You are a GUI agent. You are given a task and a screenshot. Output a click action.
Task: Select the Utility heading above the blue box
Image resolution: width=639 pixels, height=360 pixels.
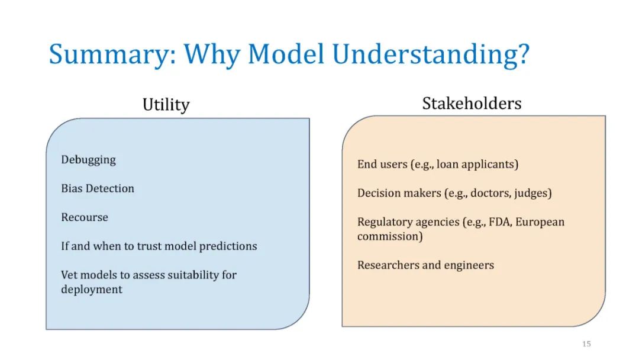tap(166, 105)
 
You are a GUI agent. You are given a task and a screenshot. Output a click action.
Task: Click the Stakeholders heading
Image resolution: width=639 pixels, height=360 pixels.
tap(472, 103)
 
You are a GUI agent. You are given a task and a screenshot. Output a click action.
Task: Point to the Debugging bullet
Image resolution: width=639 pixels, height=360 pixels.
tap(88, 160)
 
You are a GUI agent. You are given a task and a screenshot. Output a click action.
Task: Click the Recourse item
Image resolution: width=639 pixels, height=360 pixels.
tap(85, 217)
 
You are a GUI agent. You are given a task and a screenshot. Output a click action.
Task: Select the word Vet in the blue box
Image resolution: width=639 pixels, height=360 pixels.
tap(67, 275)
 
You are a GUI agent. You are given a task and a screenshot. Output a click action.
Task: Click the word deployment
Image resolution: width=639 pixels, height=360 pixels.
tap(92, 290)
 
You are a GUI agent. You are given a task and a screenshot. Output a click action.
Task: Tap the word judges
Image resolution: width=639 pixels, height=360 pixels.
tap(532, 193)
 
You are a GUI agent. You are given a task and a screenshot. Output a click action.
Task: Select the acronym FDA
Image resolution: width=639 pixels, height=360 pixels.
tap(500, 222)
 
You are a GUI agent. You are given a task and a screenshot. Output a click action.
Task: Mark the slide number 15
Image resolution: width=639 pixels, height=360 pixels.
tap(586, 343)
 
